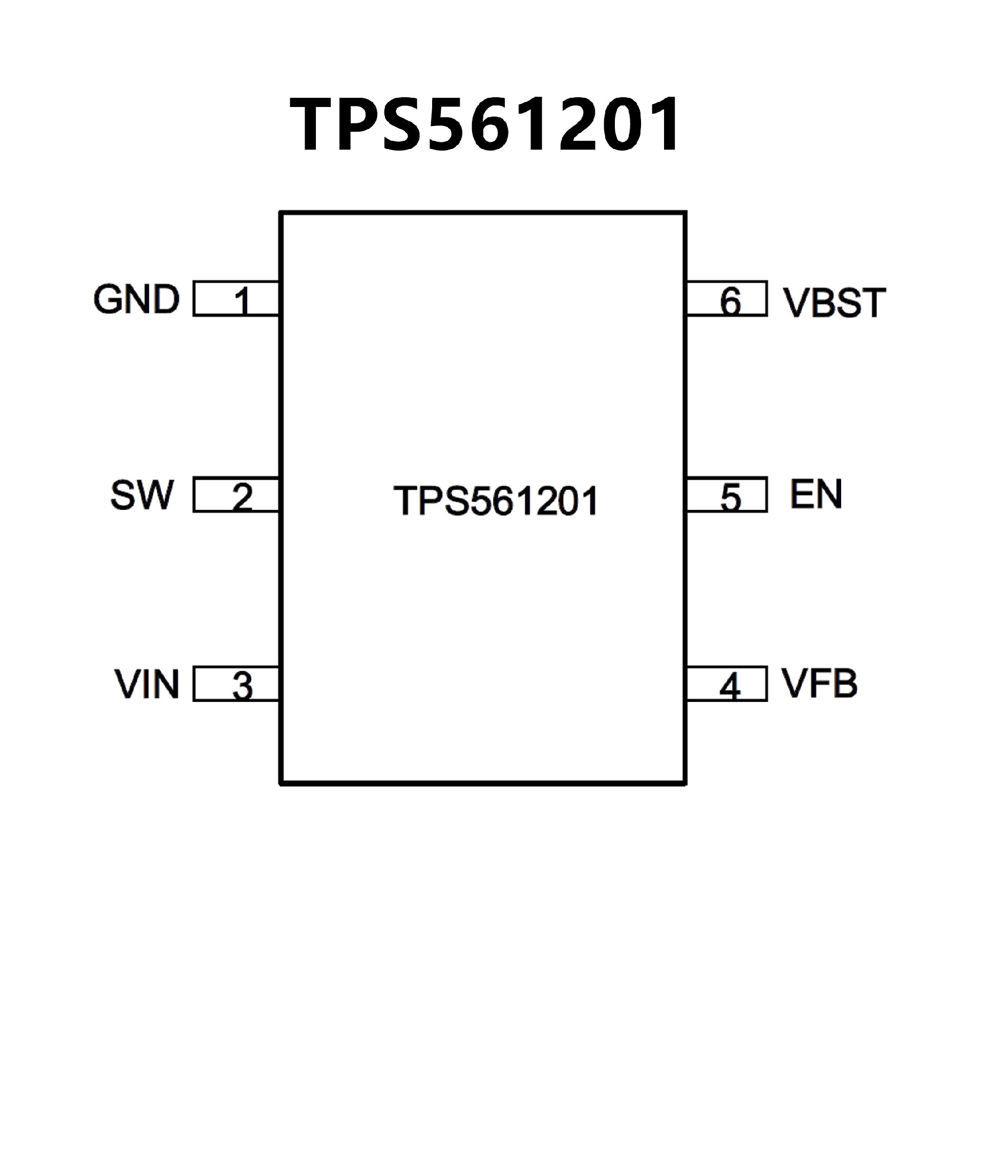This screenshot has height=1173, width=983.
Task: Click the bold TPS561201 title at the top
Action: pyautogui.click(x=485, y=124)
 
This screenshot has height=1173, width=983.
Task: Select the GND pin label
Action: pyautogui.click(x=136, y=300)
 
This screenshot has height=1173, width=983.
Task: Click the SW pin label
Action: pyautogui.click(x=142, y=495)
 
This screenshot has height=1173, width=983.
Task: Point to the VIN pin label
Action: pyautogui.click(x=147, y=684)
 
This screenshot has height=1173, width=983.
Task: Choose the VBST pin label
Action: pyautogui.click(x=835, y=303)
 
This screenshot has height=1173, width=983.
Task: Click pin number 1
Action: pyautogui.click(x=242, y=302)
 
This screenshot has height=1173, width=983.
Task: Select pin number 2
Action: pyautogui.click(x=242, y=497)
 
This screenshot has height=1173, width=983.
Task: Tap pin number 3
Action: pyautogui.click(x=242, y=687)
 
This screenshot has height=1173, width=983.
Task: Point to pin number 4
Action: pyautogui.click(x=730, y=687)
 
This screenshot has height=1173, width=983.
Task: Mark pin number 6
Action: pyautogui.click(x=730, y=302)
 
